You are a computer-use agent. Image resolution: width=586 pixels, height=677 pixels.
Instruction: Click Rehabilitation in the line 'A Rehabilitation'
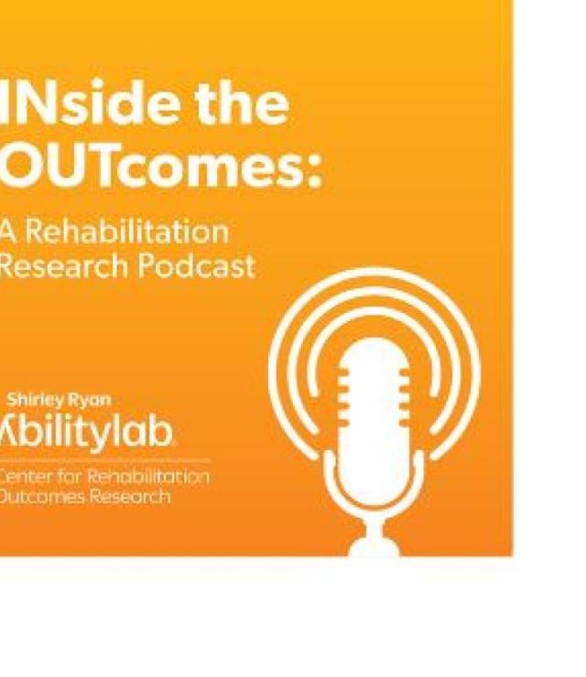125,232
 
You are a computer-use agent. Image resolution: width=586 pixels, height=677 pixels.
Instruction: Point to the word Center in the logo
28,478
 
